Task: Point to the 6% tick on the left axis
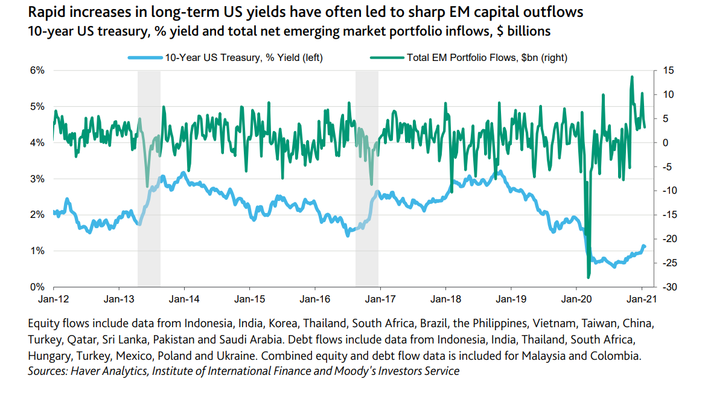tap(37, 71)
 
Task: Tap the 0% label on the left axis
tap(37, 287)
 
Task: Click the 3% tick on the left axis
tap(37, 179)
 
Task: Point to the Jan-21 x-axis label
tap(640, 299)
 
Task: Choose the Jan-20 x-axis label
tap(575, 299)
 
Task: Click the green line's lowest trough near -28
tap(589, 278)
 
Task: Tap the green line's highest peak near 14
tap(631, 77)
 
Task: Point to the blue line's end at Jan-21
tap(644, 246)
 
